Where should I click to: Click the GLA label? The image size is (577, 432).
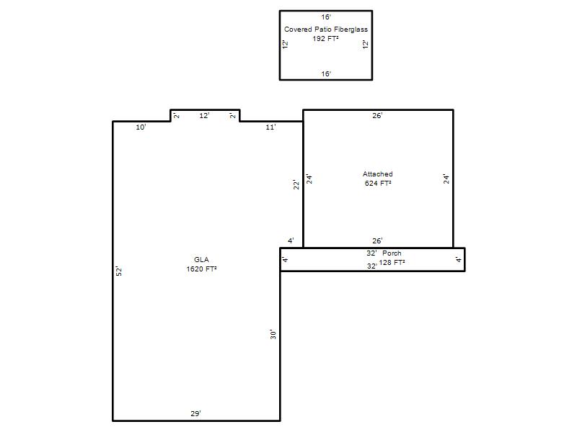tap(201, 260)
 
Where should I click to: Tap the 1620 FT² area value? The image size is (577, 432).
tap(201, 269)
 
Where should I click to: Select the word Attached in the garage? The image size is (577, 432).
tap(377, 174)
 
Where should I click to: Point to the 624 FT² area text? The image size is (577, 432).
tap(377, 184)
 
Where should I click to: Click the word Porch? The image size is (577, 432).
tap(392, 253)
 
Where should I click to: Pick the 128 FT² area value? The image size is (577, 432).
tap(392, 262)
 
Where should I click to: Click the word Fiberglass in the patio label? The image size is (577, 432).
tap(351, 30)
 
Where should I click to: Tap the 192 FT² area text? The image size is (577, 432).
tap(326, 39)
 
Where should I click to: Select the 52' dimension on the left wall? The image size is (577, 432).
tap(119, 271)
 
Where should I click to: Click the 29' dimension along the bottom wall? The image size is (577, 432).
tap(195, 413)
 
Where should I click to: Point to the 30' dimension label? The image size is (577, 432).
tap(273, 334)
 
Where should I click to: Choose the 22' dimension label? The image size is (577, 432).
tap(296, 184)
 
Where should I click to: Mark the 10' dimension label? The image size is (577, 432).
tap(141, 127)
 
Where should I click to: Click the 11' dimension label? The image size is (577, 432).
tap(271, 127)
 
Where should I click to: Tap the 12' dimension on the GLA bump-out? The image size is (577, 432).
tap(204, 116)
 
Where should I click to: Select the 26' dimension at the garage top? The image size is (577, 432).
tap(377, 116)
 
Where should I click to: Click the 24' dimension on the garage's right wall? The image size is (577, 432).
tap(446, 179)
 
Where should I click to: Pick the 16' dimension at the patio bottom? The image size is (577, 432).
tap(326, 74)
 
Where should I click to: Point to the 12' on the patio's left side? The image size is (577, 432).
tap(285, 45)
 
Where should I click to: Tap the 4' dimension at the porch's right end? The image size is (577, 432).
tap(459, 259)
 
